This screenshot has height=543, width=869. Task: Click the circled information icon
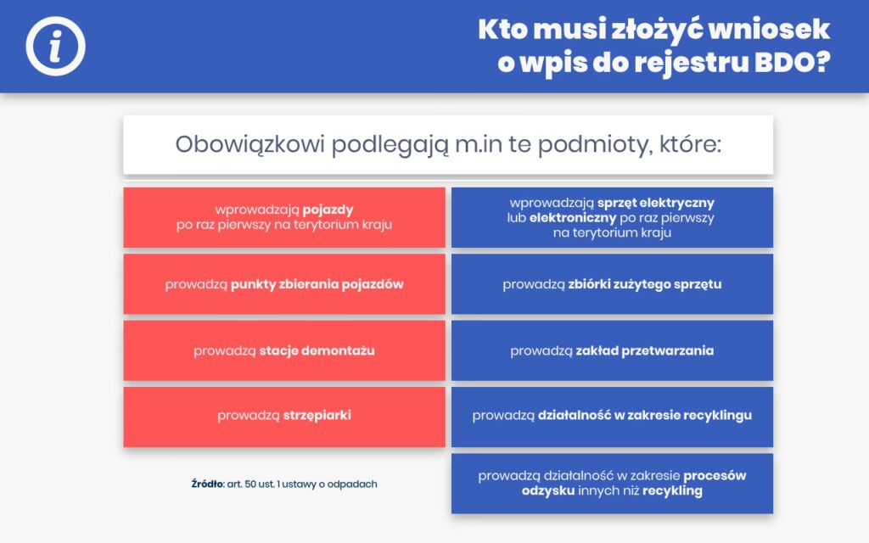tap(55, 46)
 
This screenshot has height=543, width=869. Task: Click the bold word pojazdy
tap(328, 210)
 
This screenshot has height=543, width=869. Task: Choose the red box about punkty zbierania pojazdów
tap(284, 283)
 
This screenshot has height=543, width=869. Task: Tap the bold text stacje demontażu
tap(317, 350)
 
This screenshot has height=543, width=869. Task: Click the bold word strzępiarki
tap(317, 416)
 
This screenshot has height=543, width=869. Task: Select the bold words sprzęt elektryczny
tap(656, 203)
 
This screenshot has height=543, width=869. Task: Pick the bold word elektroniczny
tap(573, 218)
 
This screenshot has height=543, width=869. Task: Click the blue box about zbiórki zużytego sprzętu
tap(613, 283)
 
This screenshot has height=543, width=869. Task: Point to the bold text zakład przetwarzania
tap(645, 350)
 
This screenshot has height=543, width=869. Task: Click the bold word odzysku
tap(548, 491)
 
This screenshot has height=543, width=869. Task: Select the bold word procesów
tap(715, 476)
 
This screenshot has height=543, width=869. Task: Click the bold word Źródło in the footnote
tap(207, 484)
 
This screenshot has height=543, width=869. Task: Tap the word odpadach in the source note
tap(352, 484)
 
